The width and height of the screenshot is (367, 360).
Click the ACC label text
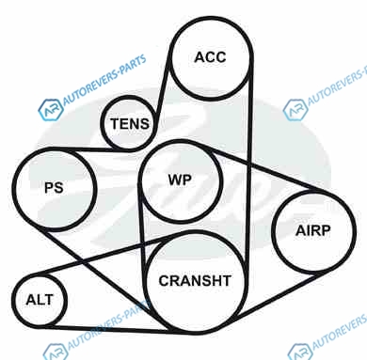point(210,57)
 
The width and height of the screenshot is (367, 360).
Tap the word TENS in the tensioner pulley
point(130,123)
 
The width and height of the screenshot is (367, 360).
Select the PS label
point(54,188)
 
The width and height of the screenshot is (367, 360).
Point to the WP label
point(180,180)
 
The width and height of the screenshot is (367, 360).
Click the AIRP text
point(312,230)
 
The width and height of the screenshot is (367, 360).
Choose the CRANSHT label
point(195,281)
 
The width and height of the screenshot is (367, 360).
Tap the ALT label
point(40,300)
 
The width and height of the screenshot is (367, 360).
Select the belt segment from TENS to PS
point(94,149)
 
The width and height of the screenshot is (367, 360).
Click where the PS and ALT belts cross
point(82,261)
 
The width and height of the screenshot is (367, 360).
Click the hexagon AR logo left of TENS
point(50,110)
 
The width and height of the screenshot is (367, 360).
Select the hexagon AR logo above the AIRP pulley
point(295,109)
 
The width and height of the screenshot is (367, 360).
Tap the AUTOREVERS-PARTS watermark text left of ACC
point(104,80)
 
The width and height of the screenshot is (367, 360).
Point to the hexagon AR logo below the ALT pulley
point(56,352)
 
